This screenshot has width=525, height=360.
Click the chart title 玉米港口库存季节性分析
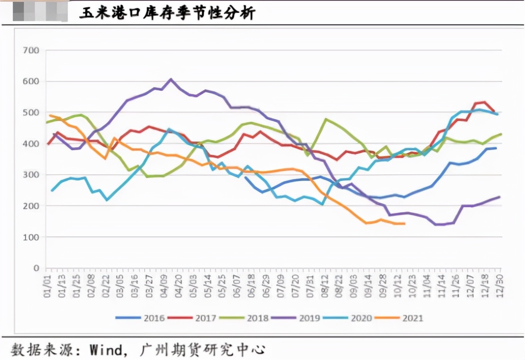pos(167,13)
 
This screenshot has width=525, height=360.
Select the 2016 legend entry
pos(142,318)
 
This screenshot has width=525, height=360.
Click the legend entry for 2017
pos(193,318)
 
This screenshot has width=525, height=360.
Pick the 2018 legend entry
pos(245,318)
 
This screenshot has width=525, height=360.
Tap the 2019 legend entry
pos(297,318)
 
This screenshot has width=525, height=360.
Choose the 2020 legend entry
pos(348,318)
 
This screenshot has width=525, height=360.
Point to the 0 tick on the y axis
pos(36,268)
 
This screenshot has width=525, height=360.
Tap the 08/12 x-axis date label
pos(325,286)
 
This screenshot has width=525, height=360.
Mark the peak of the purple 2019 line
pos(171,80)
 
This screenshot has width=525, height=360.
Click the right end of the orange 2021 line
pos(404,224)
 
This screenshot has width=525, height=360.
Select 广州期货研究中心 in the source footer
pos(202,350)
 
